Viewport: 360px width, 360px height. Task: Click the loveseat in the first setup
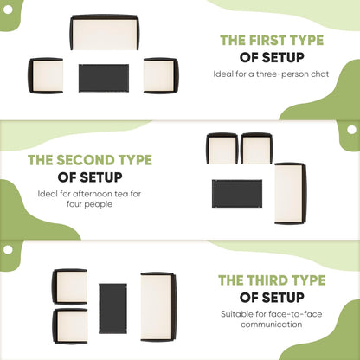coord(104,32)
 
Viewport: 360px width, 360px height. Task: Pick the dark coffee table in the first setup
coord(104,78)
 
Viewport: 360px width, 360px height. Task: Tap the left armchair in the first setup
coord(46,75)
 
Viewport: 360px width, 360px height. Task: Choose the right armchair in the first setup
coord(161,75)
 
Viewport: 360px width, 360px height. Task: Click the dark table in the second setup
coord(237,194)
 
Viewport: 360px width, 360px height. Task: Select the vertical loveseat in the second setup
coord(290,193)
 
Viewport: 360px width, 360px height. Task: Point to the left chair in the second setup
coord(222,149)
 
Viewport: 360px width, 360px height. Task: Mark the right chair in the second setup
coord(256,149)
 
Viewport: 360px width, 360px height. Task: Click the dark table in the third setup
coord(112,309)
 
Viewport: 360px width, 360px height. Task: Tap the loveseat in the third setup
coord(158,306)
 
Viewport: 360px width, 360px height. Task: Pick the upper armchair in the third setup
coord(70,286)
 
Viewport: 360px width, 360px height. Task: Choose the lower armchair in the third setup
coord(70,326)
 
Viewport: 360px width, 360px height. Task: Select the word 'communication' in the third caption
coord(272,325)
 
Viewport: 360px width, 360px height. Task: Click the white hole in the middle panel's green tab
coord(351,130)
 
